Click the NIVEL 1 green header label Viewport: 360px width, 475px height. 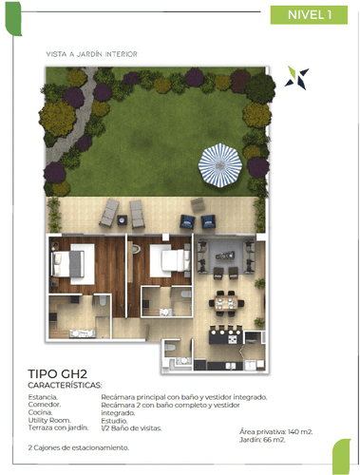[x=308, y=15]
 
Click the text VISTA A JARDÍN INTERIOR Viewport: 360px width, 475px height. [x=91, y=54]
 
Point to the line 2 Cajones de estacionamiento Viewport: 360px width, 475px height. [x=78, y=446]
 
